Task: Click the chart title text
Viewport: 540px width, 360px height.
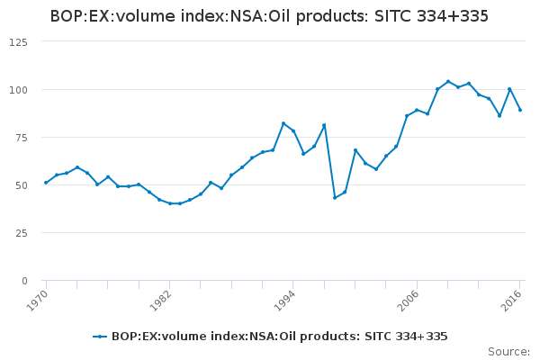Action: (269, 15)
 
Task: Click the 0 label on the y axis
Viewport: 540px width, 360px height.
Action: (23, 281)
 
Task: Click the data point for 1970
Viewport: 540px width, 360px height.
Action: (46, 183)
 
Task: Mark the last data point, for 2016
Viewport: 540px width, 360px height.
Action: (520, 110)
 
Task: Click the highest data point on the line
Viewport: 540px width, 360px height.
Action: (448, 82)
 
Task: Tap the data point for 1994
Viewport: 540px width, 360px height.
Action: (293, 131)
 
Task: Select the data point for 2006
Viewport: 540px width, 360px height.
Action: (417, 110)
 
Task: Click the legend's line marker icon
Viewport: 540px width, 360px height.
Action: (100, 337)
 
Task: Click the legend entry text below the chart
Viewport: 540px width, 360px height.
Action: (279, 337)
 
